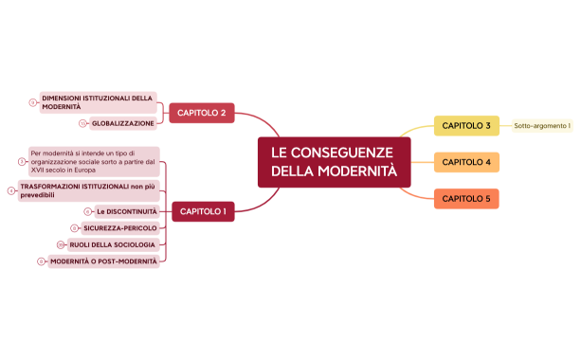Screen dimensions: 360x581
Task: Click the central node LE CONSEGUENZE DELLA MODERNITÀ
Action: coord(334,162)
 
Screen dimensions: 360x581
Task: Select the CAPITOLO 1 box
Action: coord(203,211)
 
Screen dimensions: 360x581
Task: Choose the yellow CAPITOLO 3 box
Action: coord(466,126)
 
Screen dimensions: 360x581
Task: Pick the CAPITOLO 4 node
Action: coord(466,162)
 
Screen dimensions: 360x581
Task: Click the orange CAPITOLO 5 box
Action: coord(466,198)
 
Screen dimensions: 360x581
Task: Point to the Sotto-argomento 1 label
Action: coord(542,126)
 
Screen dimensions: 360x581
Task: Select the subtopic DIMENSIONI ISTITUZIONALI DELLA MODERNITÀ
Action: coord(97,102)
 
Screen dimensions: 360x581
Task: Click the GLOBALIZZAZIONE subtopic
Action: coord(123,123)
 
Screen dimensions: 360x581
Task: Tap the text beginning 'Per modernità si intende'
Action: coord(94,161)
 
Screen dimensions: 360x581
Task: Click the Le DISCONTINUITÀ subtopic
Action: coord(126,211)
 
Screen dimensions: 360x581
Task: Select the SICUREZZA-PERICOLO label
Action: coord(119,228)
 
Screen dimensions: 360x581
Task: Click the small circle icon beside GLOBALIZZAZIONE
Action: coord(82,123)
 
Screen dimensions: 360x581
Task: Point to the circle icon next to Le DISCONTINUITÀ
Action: coord(87,211)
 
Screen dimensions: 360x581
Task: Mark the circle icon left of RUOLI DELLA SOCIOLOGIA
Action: coord(60,244)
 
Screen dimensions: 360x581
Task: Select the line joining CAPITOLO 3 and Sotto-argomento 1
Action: coord(506,126)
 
